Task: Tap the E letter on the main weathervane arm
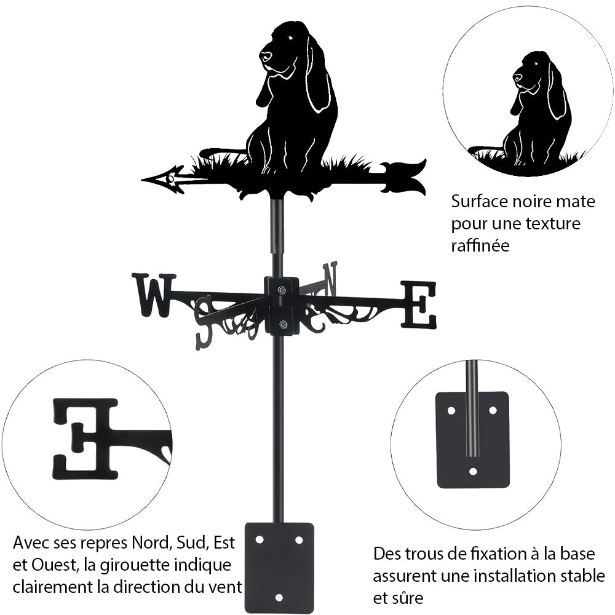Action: point(419,304)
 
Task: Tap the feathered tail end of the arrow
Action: point(406,177)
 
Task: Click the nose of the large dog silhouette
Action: point(265,57)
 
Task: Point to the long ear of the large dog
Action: point(318,77)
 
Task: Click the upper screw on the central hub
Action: point(281,290)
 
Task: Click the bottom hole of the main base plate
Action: point(279,597)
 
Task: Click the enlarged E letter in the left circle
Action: point(86,438)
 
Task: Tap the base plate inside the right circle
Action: point(472,440)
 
